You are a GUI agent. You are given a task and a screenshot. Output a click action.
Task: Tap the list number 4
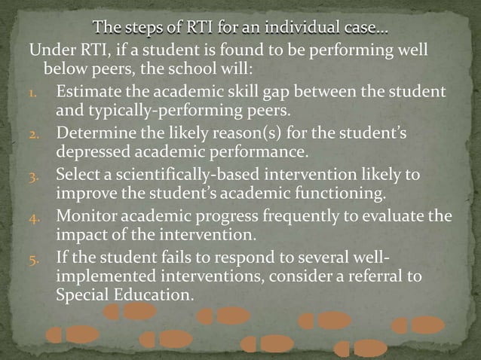pyautogui.click(x=41, y=217)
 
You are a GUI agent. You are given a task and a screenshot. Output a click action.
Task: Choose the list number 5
pyautogui.click(x=41, y=257)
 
